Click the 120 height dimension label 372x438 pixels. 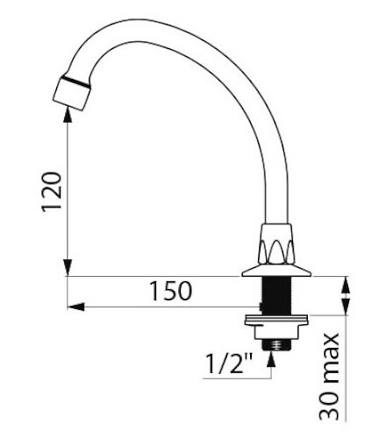tap(52, 192)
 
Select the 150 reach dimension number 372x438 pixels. tap(171, 291)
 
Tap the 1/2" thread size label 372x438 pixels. tap(229, 363)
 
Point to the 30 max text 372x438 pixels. tap(329, 377)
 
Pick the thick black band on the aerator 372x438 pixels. tap(75, 81)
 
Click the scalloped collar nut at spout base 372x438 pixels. tap(276, 244)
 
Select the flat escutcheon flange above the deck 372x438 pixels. tap(276, 271)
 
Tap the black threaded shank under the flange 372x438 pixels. tap(276, 296)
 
